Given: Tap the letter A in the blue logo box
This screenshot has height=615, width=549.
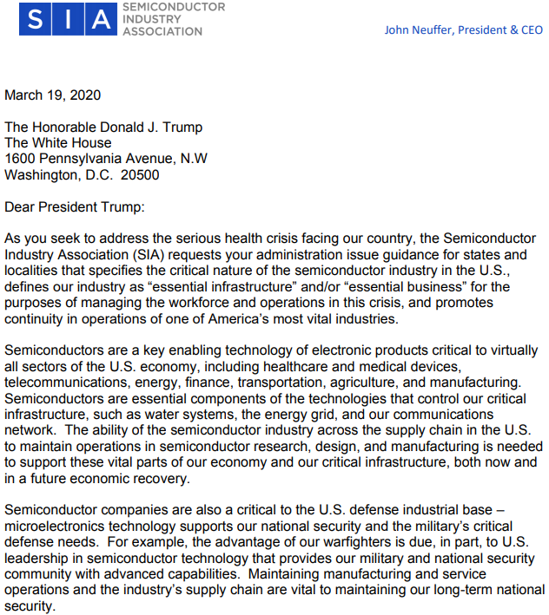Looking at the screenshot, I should click(x=102, y=20).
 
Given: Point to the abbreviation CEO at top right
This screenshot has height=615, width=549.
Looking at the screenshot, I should click(x=529, y=29).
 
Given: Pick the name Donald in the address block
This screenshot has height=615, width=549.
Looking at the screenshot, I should click(x=122, y=127).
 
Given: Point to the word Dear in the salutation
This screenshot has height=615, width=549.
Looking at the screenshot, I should click(x=21, y=206).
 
